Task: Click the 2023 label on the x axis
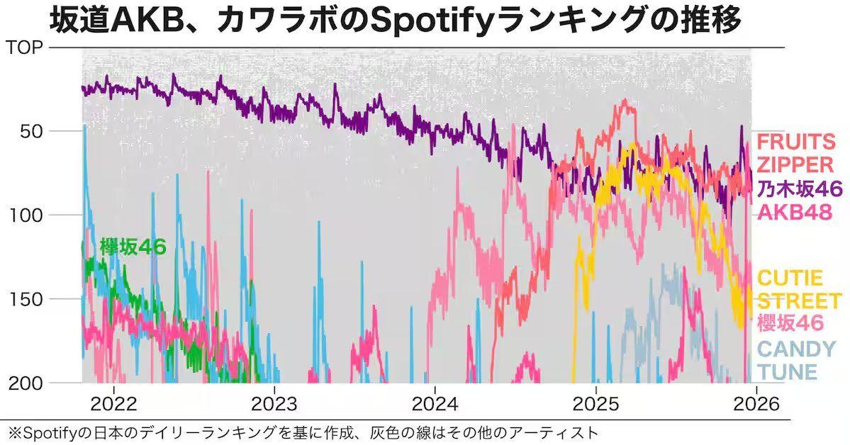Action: click(x=274, y=404)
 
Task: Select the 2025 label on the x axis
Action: click(x=595, y=404)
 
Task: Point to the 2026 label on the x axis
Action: click(x=756, y=404)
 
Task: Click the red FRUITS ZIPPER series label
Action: click(x=795, y=152)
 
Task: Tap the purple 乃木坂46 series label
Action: click(x=799, y=188)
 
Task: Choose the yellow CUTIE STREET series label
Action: click(x=798, y=288)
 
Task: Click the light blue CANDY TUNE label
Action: click(x=796, y=360)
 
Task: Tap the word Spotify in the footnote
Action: click(x=45, y=431)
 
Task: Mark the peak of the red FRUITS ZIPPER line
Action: click(x=625, y=100)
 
